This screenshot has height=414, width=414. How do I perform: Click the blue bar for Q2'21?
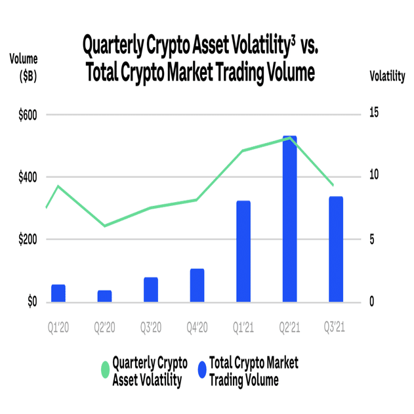click(x=289, y=220)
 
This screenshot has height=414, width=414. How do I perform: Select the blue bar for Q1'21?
click(x=243, y=252)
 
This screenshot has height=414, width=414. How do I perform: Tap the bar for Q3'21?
click(x=336, y=250)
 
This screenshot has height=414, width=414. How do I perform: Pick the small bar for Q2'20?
click(x=104, y=297)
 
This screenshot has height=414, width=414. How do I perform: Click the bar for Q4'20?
click(x=197, y=286)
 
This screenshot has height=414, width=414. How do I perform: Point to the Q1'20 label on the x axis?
click(x=58, y=327)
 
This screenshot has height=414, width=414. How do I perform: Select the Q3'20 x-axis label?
click(x=151, y=327)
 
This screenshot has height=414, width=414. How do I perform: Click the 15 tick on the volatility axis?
click(x=374, y=113)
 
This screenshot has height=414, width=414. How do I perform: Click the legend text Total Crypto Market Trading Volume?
click(x=253, y=371)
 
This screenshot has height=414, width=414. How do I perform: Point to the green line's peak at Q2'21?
click(x=289, y=138)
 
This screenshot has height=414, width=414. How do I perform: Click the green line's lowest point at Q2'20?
click(x=104, y=226)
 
